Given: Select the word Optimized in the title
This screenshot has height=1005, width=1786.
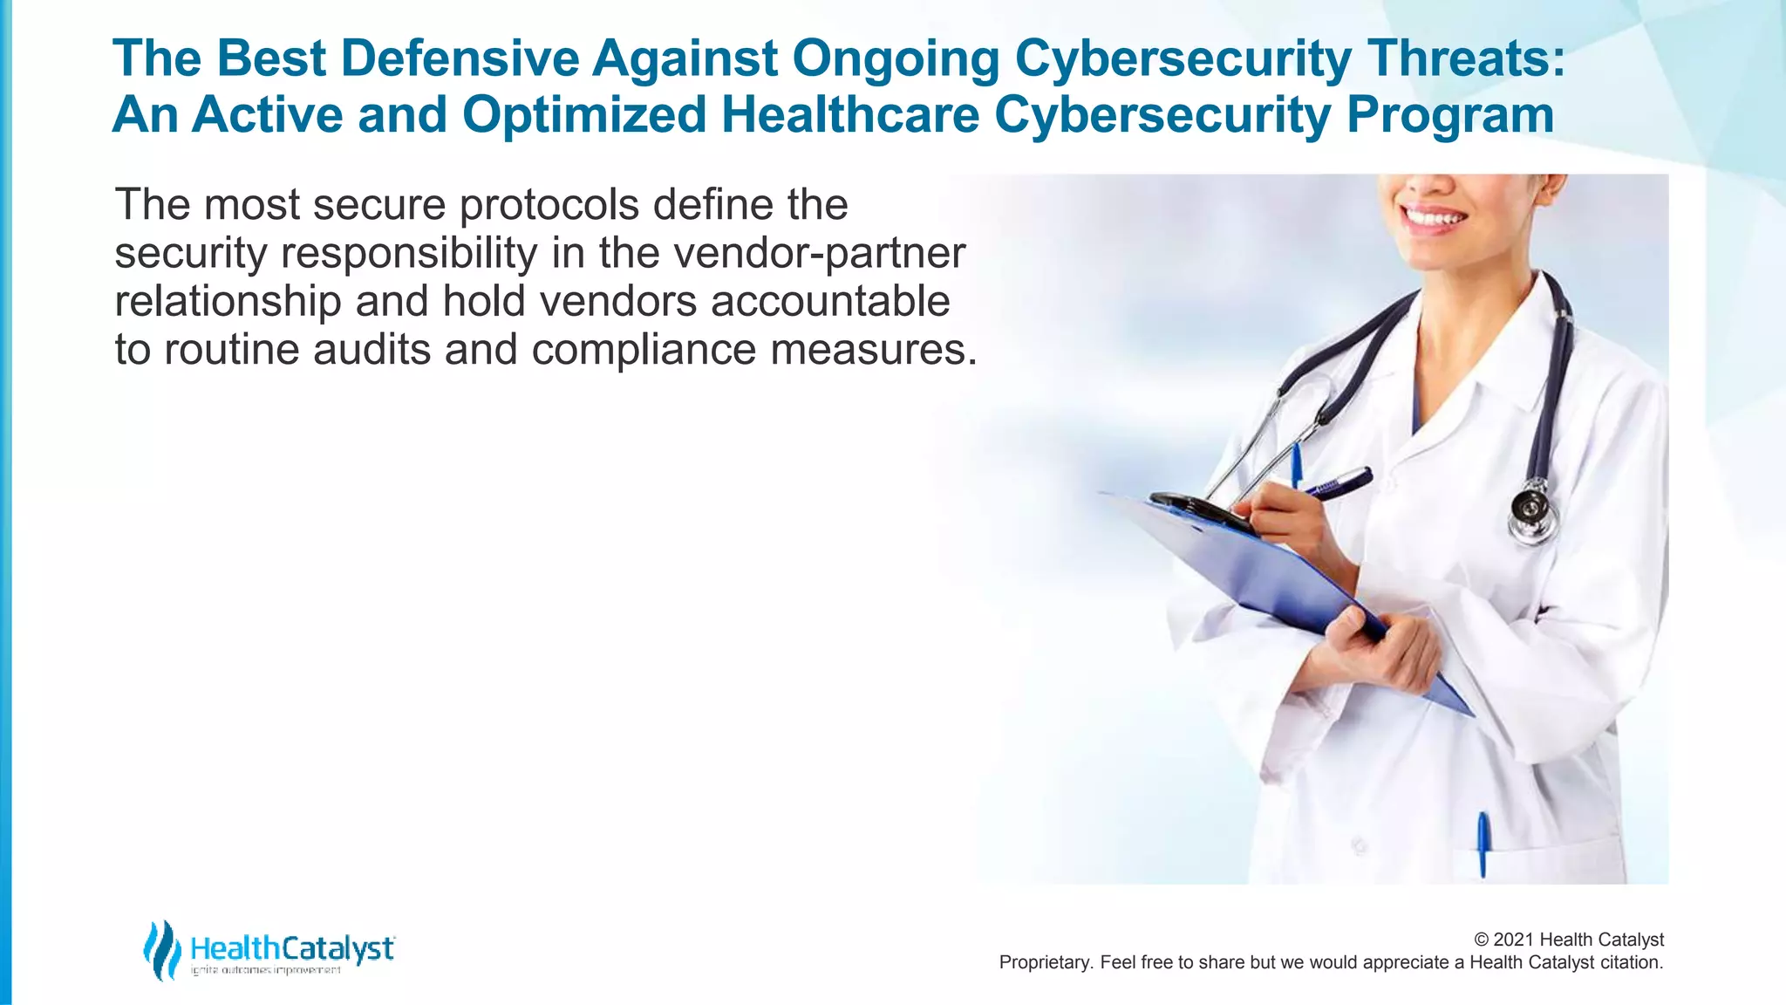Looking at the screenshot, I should pyautogui.click(x=583, y=114).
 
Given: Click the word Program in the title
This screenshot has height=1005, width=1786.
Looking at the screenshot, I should pyautogui.click(x=1449, y=114).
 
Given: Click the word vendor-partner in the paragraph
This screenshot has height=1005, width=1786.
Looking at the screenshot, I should pyautogui.click(x=819, y=253).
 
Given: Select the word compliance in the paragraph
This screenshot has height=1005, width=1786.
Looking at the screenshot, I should pyautogui.click(x=644, y=349).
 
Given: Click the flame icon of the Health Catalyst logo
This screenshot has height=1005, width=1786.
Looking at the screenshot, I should pyautogui.click(x=162, y=949).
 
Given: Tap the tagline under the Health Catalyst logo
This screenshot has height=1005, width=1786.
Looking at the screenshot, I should pyautogui.click(x=265, y=971).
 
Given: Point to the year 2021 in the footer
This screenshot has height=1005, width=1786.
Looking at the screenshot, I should pyautogui.click(x=1514, y=940).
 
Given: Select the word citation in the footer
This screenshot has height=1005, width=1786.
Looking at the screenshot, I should pyautogui.click(x=1631, y=962).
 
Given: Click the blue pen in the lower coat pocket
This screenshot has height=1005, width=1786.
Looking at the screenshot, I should pyautogui.click(x=1483, y=841).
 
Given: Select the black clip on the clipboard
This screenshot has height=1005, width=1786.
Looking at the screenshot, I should pyautogui.click(x=1199, y=511).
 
